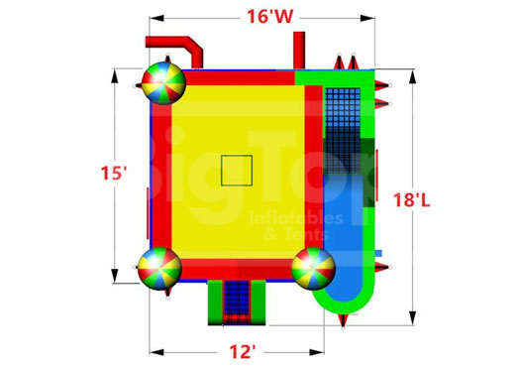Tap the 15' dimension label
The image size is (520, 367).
[113, 173]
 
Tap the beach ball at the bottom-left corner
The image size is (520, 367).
[158, 267]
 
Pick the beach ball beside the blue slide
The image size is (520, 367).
[313, 267]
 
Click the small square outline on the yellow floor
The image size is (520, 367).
[236, 170]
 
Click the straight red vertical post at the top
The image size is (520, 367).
[298, 50]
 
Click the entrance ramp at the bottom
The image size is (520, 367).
[237, 302]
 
